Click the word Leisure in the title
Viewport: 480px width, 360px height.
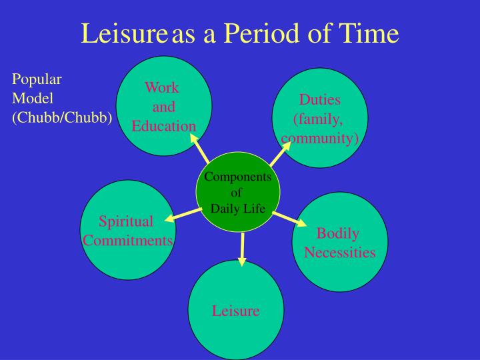[x=125, y=33]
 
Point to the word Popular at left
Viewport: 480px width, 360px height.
[x=37, y=79]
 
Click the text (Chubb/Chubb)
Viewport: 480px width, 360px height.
[x=62, y=117]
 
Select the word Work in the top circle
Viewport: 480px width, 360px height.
[x=162, y=87]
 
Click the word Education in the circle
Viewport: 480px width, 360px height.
[x=163, y=126]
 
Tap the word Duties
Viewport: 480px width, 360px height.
[x=319, y=100]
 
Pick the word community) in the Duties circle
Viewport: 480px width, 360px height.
[x=320, y=138]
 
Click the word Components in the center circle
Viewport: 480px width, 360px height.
[x=237, y=177]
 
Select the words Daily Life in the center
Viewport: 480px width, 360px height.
[x=238, y=209]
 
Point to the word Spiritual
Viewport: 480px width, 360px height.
[x=126, y=221]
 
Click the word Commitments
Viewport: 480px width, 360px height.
[x=128, y=240]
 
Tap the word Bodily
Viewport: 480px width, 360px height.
[x=338, y=233]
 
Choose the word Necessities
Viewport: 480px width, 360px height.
[x=339, y=253]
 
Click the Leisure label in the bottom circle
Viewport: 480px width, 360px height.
[x=235, y=311]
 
